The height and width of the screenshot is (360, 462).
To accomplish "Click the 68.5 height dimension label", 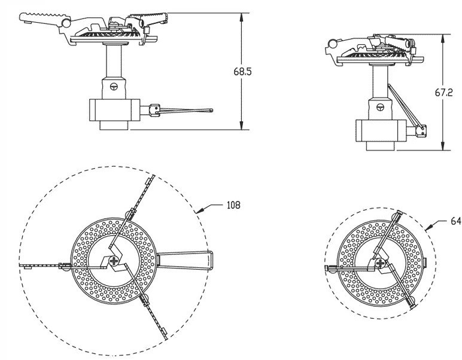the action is (x=243, y=72).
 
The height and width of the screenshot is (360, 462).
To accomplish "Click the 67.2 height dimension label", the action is (x=443, y=93).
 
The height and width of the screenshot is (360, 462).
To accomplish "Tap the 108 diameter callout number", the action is (x=233, y=205).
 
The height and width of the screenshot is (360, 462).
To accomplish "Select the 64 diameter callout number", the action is (x=456, y=221).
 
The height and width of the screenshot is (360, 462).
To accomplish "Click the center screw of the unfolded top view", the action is (x=114, y=261).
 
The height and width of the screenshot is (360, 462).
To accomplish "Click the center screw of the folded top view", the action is (x=381, y=263).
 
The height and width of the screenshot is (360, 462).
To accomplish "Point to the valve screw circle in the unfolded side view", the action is (x=114, y=87).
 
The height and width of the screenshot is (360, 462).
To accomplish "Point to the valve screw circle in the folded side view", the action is (x=381, y=108).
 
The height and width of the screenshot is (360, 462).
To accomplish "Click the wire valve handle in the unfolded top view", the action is (x=185, y=260).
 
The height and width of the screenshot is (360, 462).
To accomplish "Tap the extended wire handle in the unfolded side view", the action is (x=181, y=111).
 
